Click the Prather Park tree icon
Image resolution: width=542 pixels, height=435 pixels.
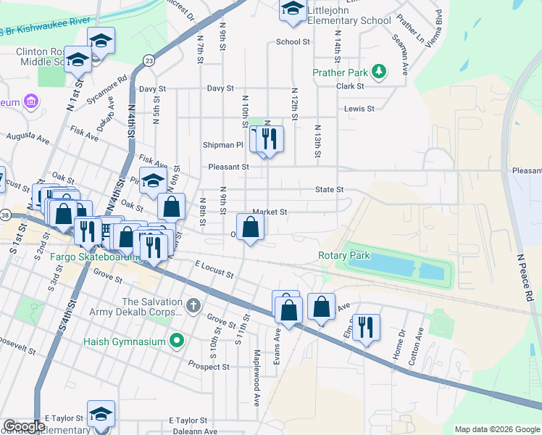(378, 71)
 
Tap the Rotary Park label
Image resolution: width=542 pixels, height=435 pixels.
(343, 255)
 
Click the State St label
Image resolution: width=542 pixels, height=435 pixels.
(328, 189)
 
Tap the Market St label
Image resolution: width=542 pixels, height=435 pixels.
(270, 212)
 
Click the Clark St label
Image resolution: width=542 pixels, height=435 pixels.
(349, 86)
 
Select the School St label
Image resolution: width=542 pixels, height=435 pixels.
(293, 42)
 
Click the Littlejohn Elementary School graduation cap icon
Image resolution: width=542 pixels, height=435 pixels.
(293, 9)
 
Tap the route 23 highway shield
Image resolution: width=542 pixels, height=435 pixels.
(149, 60)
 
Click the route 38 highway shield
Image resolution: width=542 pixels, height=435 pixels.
(5, 215)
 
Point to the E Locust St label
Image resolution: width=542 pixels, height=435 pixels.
(214, 271)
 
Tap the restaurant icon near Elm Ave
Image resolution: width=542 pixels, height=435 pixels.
(366, 327)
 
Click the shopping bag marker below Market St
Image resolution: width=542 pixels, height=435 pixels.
(250, 227)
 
